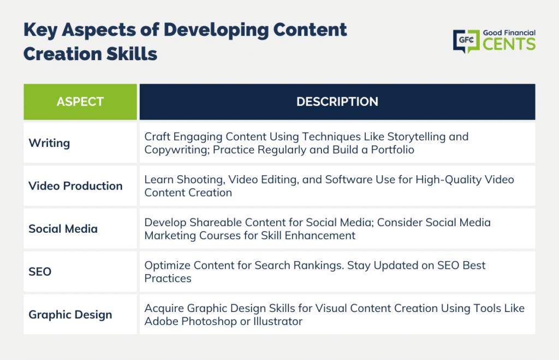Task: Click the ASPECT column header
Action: pyautogui.click(x=80, y=102)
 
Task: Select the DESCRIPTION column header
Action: pyautogui.click(x=337, y=102)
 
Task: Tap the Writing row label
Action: pyautogui.click(x=49, y=143)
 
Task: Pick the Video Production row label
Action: pyautogui.click(x=75, y=186)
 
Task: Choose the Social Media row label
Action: pyautogui.click(x=63, y=229)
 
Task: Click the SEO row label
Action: pyautogui.click(x=40, y=272)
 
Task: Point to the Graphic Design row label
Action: pyautogui.click(x=70, y=315)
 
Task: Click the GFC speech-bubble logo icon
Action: pyautogui.click(x=466, y=41)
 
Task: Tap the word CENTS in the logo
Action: pyautogui.click(x=509, y=44)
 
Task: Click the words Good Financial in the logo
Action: pyautogui.click(x=509, y=33)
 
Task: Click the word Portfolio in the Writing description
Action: pyautogui.click(x=393, y=150)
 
